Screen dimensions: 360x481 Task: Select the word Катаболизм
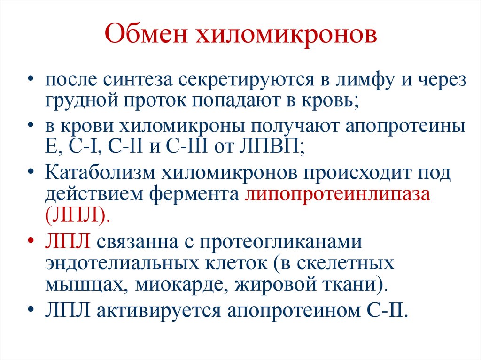[x=100, y=174]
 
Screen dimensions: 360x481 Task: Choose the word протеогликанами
[x=282, y=243]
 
